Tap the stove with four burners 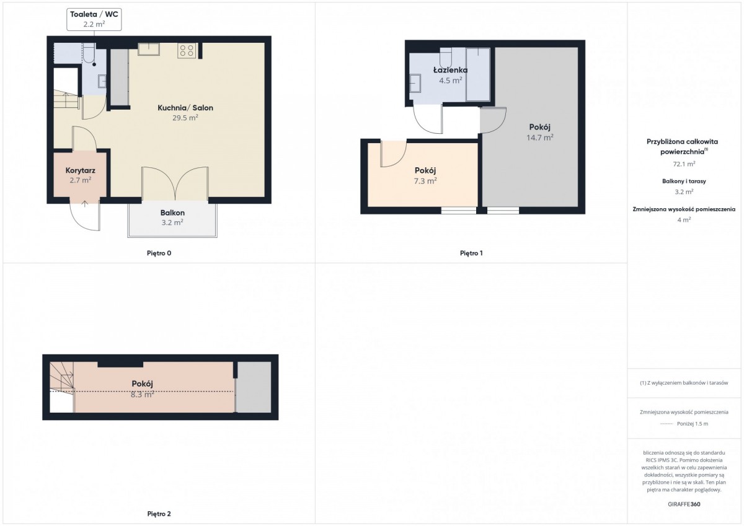click(187, 50)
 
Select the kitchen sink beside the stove click(149, 49)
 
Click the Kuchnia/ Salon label click(185, 108)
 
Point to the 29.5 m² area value click(185, 118)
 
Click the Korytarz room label click(81, 170)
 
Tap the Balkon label click(172, 213)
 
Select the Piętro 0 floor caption click(159, 253)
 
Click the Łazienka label click(450, 70)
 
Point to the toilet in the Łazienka click(446, 57)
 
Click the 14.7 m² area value click(540, 137)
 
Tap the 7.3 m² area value click(425, 181)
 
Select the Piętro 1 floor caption click(471, 253)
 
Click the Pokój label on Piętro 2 click(142, 384)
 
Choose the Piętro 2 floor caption click(159, 514)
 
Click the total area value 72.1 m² click(684, 164)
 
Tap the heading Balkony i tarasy click(684, 181)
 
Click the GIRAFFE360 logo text click(684, 504)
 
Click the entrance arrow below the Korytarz click(85, 204)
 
